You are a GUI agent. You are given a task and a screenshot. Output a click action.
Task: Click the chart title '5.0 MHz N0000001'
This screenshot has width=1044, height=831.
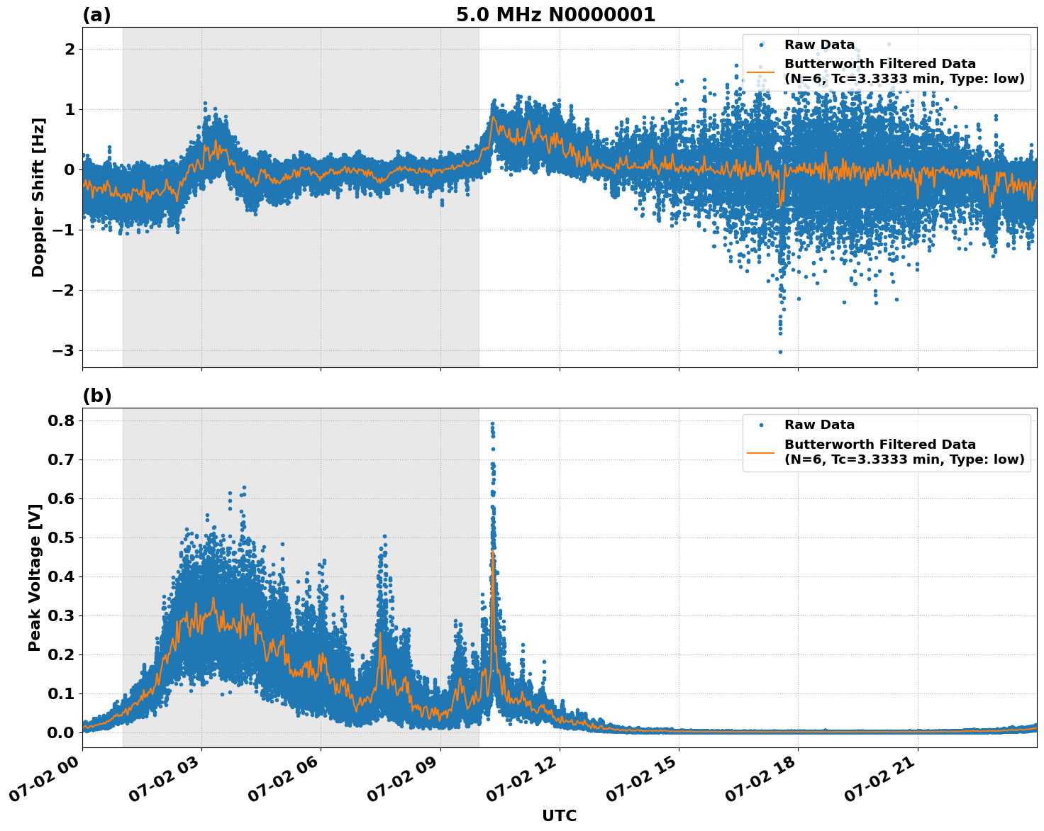(555, 15)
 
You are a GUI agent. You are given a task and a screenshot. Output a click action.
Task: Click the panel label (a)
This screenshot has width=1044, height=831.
(96, 15)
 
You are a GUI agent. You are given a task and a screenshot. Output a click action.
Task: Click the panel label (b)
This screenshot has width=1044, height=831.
(96, 396)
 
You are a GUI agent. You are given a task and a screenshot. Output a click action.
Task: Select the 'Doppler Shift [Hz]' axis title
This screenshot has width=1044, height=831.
(38, 197)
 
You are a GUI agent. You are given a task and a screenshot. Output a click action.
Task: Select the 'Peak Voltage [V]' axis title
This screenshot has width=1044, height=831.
(35, 578)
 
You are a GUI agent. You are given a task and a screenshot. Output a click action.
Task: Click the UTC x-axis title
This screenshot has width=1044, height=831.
(559, 815)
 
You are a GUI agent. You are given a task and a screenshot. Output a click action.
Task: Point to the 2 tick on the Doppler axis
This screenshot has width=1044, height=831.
(70, 49)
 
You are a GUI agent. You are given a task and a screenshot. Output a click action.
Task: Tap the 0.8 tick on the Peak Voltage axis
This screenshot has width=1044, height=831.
(60, 420)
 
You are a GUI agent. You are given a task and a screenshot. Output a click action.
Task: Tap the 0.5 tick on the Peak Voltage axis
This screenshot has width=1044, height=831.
(60, 537)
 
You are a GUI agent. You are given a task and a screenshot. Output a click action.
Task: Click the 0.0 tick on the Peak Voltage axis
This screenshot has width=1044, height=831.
(60, 732)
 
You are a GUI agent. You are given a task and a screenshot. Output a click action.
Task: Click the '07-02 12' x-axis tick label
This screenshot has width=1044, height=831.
(524, 781)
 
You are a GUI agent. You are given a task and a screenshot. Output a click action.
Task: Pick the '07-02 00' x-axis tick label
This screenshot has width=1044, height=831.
(47, 781)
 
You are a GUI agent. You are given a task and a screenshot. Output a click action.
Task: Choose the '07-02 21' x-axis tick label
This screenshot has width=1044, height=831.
(882, 781)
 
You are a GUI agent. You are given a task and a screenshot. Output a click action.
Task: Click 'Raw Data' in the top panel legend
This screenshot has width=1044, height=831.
(819, 45)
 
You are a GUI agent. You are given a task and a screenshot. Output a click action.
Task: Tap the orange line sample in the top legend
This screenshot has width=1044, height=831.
(760, 72)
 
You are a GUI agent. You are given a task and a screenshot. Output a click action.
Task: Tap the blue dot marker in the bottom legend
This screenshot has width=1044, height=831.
(760, 425)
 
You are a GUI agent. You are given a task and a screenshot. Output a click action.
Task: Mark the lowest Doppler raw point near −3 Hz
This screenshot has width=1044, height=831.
(780, 352)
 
